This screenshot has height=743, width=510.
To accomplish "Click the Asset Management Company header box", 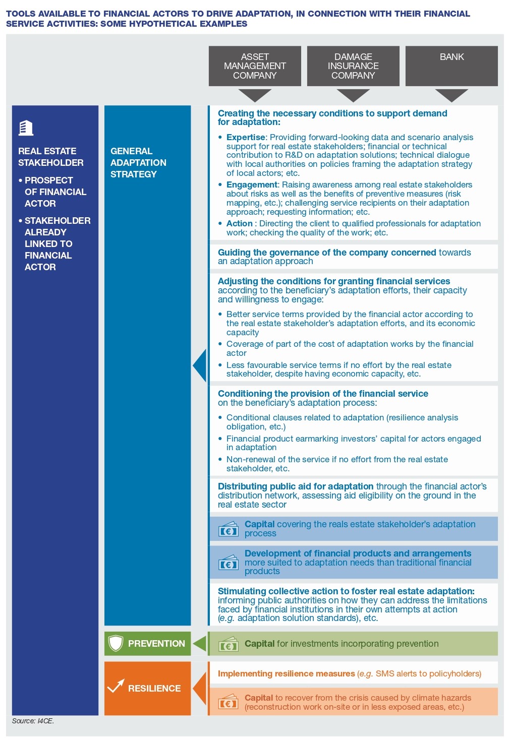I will pos(255,66).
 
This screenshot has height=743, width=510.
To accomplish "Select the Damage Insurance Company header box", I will pos(353,66).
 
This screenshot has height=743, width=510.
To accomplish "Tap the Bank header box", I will pos(451,66).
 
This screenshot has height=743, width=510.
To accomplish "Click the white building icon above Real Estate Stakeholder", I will pos(26,128).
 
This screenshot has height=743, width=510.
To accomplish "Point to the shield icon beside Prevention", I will pos(116,643).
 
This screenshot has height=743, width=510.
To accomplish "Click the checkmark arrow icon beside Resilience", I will pos(116,687).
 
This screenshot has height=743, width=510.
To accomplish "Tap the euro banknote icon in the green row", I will pos(228,645).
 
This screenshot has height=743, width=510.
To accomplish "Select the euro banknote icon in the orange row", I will pos(228,702).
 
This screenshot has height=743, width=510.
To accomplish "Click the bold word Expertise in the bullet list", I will pos(246,137).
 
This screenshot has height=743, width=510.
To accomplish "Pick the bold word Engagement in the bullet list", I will pos(252,184).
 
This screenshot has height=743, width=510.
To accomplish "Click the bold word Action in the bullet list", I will pos(239,223).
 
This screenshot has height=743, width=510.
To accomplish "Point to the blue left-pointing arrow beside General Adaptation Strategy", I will pos(200,365).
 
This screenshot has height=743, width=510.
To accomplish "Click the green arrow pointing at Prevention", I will pos(200,644).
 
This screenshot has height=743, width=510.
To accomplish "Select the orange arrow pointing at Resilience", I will pos(200,688).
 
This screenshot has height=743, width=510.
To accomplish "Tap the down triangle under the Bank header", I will pos(451,95).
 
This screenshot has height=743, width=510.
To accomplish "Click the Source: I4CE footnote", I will pos(33,721).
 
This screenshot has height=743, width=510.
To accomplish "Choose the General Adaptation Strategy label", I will pos(138,162).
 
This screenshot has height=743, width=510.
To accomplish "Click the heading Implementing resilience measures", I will pos(286,673).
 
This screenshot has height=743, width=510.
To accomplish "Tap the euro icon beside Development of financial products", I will pos(228,563).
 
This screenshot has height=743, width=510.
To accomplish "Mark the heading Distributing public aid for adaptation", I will pos(296,486).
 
